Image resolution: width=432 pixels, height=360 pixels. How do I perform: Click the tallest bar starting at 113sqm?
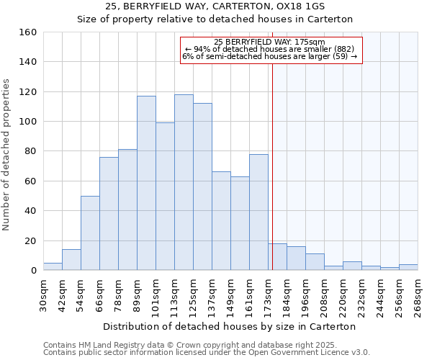184,182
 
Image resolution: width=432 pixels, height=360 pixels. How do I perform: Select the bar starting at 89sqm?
146,183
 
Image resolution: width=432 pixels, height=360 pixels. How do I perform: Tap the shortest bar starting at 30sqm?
53,266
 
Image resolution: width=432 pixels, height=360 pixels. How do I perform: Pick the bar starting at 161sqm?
258,212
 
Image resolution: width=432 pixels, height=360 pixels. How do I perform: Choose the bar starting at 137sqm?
221,220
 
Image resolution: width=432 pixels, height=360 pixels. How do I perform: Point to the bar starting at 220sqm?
352,266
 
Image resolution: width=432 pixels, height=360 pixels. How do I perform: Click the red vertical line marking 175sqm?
272,166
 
